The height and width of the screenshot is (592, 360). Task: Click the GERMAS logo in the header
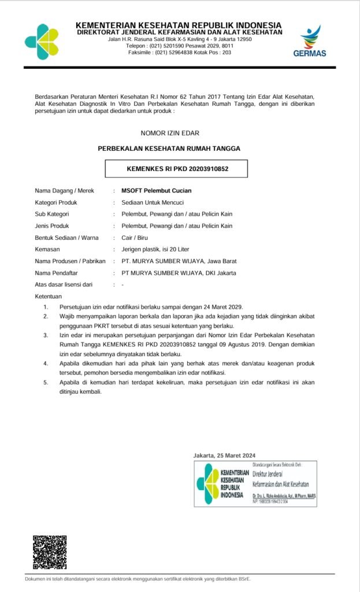(313, 42)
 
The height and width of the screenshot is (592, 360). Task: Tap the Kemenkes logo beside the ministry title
(42, 41)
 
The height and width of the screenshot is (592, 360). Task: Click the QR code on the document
(49, 552)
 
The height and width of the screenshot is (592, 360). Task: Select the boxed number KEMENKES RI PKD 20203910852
(177, 169)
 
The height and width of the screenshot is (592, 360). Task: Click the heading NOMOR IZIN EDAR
(169, 133)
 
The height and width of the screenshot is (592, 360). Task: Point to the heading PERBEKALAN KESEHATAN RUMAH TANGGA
(169, 149)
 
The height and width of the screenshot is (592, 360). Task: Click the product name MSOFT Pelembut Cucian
(156, 191)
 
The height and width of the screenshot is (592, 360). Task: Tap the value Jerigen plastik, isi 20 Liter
(155, 249)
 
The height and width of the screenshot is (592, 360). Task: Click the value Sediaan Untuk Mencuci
(153, 202)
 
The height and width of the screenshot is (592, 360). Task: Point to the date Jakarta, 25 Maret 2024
(224, 456)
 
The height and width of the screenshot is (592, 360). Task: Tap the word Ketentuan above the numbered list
(49, 296)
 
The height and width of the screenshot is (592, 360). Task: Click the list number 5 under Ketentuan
(46, 383)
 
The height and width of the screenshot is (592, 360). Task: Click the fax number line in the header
(180, 53)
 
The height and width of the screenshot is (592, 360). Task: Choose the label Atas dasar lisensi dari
(64, 284)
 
